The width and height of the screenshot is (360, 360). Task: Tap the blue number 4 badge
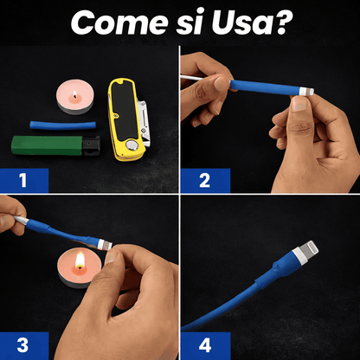pyautogui.click(x=202, y=341)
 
